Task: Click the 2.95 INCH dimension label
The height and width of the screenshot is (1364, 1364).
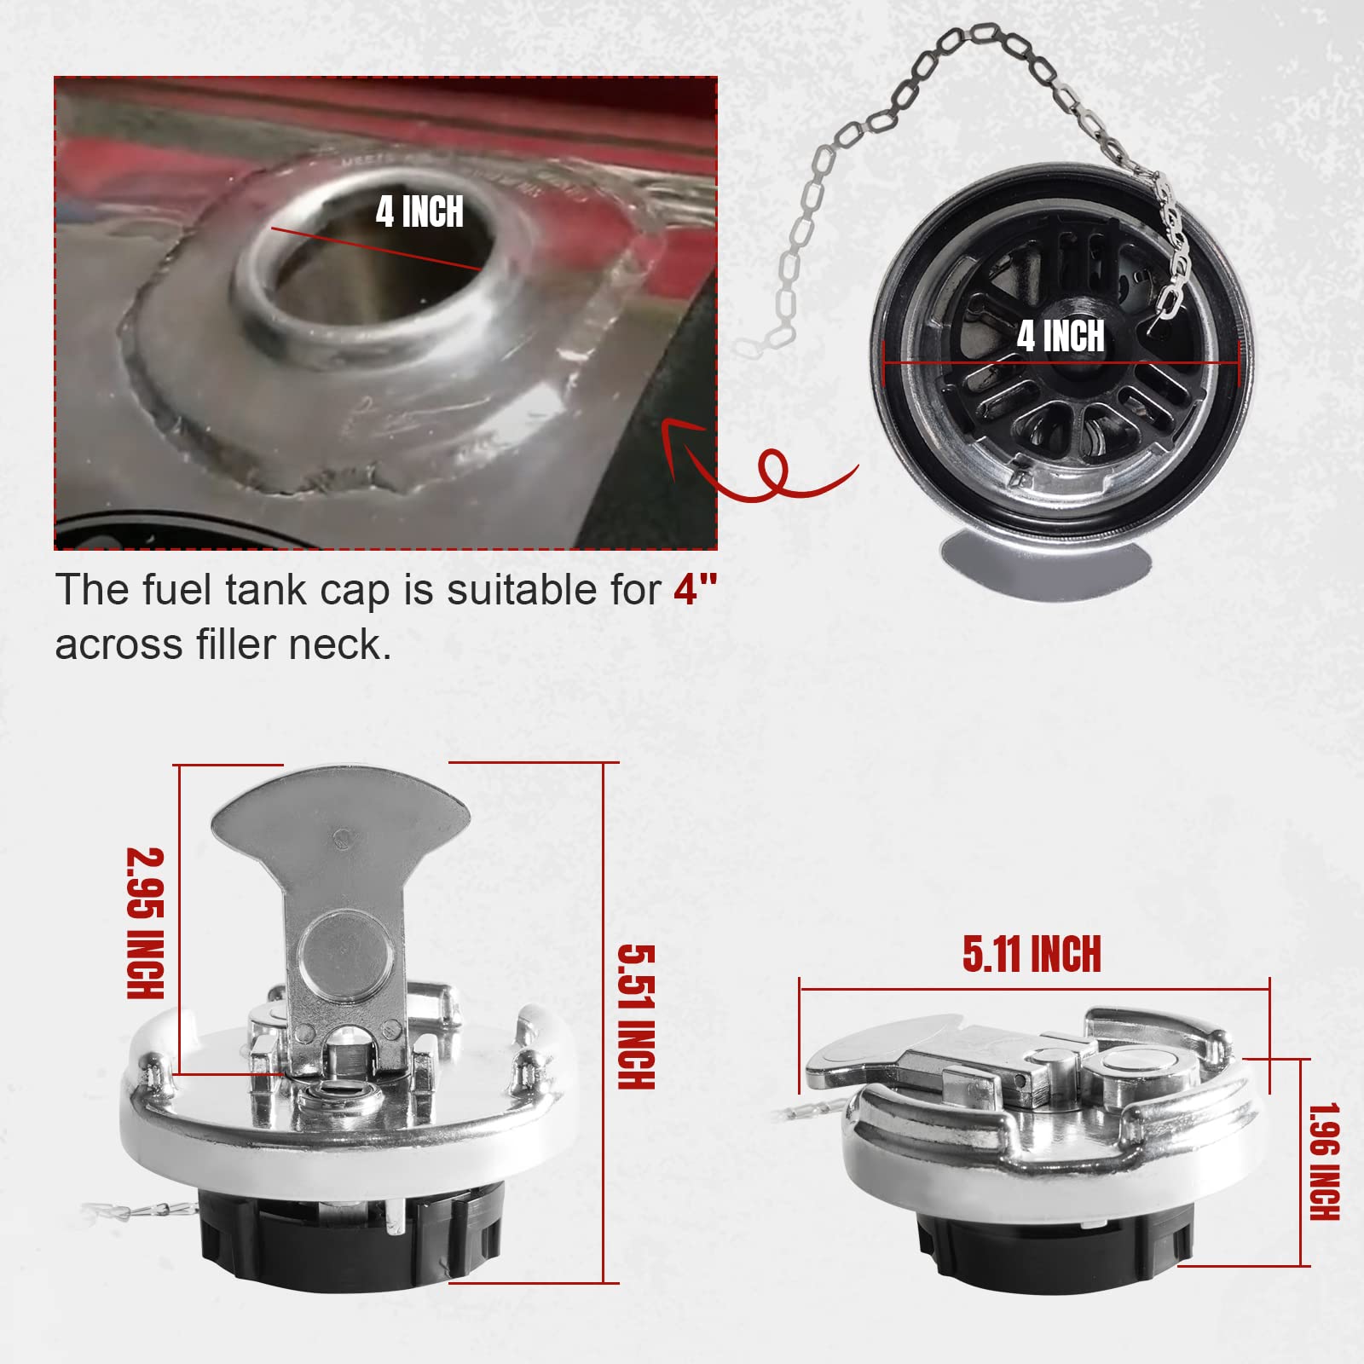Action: [x=144, y=922]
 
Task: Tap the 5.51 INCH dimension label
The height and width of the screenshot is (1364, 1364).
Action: [x=636, y=1016]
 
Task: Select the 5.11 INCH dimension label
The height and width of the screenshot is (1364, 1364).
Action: [x=1032, y=954]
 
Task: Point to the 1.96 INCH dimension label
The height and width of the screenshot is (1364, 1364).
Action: [x=1324, y=1161]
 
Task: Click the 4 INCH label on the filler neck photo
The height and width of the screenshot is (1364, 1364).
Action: [x=419, y=211]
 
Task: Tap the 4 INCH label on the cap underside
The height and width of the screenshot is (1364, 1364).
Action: [x=1061, y=336]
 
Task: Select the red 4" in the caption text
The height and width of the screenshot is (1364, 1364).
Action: [x=695, y=589]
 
